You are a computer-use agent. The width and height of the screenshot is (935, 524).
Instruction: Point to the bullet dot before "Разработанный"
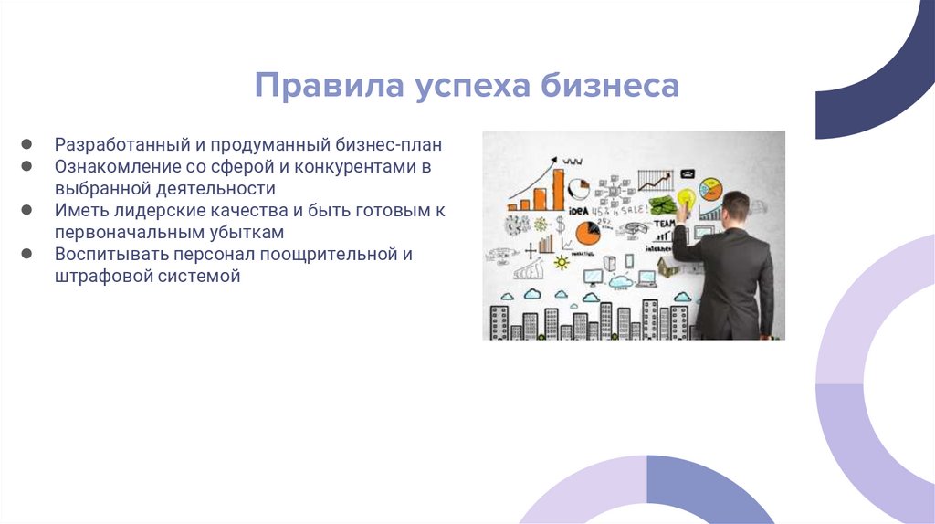point(28,145)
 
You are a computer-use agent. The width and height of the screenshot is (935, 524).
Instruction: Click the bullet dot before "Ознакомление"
point(28,167)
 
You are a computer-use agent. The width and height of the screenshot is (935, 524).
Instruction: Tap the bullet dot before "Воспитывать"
point(28,254)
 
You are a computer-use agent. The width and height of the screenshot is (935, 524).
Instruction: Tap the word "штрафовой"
point(99,276)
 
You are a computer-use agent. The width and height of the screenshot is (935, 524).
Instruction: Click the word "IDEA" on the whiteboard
point(577,211)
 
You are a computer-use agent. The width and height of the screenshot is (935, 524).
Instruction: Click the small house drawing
point(667,267)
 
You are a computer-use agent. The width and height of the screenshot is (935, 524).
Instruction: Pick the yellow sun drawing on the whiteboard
point(561,263)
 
